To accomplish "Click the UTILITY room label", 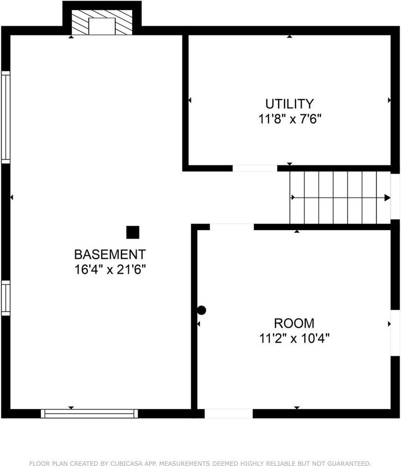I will (x=289, y=104).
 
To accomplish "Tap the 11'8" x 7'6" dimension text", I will (x=290, y=119).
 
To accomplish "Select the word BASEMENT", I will (x=109, y=254).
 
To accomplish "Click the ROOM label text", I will (x=294, y=323).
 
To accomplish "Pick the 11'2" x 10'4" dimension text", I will (x=294, y=338).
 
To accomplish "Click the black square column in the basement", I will (x=133, y=233).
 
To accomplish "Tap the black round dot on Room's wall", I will (x=201, y=310).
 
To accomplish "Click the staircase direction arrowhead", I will (x=387, y=198).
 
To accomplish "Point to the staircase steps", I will (x=340, y=198).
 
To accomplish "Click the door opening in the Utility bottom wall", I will (x=255, y=168).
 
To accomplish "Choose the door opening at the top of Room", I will (x=232, y=227).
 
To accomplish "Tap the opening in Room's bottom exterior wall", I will (x=228, y=414).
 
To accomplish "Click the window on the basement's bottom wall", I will (x=89, y=414).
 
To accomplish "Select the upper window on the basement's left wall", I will (x=6, y=116).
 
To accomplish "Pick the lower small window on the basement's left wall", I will (x=6, y=298).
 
